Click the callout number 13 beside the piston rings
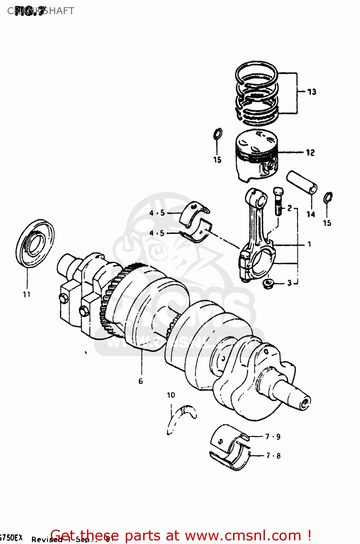tap(311, 92)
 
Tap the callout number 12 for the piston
tap(310, 153)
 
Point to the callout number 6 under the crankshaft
tap(141, 381)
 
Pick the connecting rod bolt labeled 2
tap(278, 201)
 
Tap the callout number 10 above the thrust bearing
tap(171, 395)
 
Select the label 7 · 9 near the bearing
tap(273, 437)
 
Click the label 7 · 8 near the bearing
tap(273, 456)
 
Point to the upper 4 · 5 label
tap(157, 213)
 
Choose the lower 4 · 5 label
tap(157, 233)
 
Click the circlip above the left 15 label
tap(218, 134)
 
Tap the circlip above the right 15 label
tap(328, 198)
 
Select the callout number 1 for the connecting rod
tap(309, 244)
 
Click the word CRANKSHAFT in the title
tap(41, 11)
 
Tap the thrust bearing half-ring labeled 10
tap(181, 417)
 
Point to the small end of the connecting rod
tap(256, 198)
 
